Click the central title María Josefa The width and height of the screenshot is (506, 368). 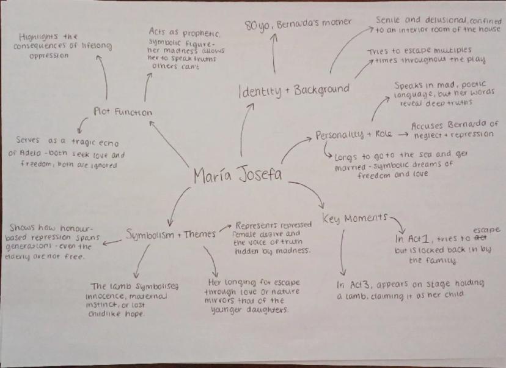238,176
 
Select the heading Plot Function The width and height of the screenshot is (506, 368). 123,111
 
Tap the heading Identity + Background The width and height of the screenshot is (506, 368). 294,91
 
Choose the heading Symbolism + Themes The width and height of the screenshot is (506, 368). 171,233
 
